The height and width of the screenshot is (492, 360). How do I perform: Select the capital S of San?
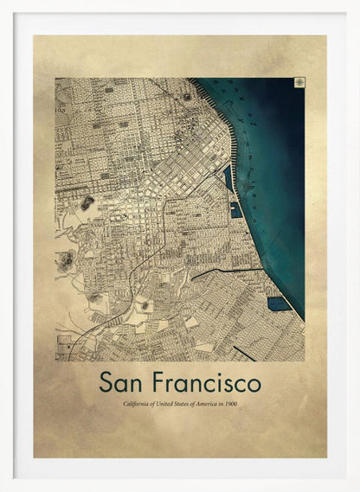(x=106, y=381)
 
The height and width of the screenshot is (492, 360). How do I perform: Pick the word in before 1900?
(x=225, y=404)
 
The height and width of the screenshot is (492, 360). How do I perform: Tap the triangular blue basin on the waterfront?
(x=228, y=177)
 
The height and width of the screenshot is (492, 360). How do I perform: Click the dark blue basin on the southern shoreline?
(x=277, y=304)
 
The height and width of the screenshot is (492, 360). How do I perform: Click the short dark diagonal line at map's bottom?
(x=244, y=353)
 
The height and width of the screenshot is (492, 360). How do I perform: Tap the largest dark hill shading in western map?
(x=87, y=204)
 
